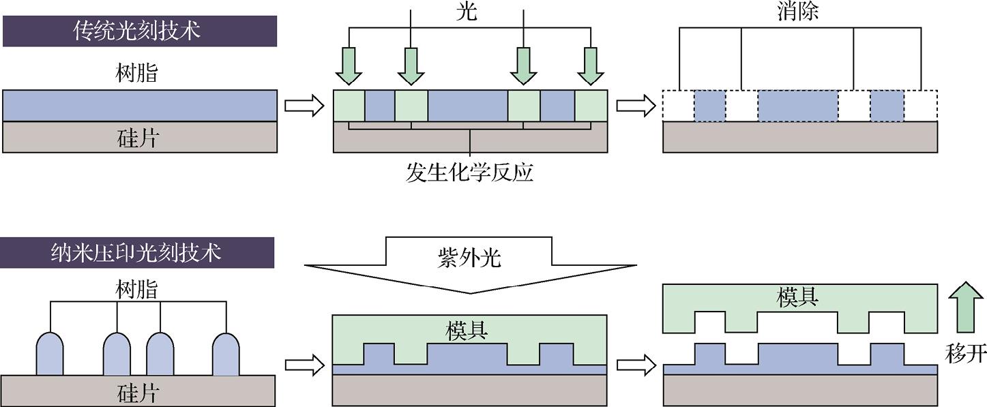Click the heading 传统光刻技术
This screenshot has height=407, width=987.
pos(139,31)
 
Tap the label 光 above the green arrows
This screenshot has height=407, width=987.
pos(467,12)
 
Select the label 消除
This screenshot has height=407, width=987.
pos(797,12)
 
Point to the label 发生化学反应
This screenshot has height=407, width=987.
pos(469,172)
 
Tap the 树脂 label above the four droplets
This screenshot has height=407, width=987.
pos(136,289)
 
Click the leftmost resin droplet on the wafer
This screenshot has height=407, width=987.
pos(50,354)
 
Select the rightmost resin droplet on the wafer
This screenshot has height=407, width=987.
pos(226,354)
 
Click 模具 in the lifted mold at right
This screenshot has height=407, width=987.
pos(797,297)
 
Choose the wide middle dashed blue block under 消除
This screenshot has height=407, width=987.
pos(797,106)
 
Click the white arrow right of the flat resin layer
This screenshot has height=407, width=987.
pos(302,106)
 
